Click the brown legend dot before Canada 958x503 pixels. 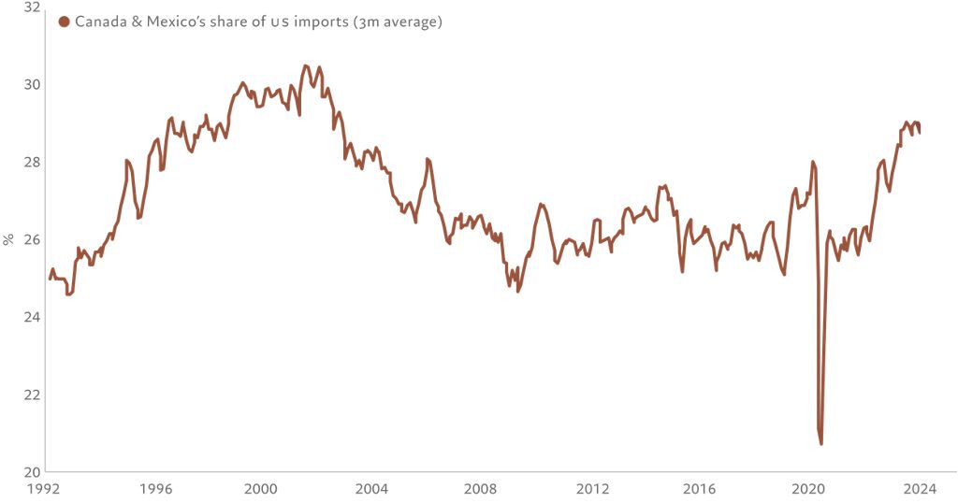tap(64, 22)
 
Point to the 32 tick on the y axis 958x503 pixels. tap(31, 7)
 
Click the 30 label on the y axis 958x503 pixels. tap(31, 84)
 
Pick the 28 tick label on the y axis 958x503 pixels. tap(31, 162)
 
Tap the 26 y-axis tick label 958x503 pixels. tap(31, 239)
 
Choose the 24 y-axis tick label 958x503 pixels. tap(31, 317)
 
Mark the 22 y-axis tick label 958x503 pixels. tap(31, 395)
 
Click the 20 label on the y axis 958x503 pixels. tap(31, 471)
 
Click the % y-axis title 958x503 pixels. tap(8, 239)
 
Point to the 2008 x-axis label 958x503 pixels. tap(481, 488)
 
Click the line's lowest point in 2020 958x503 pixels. tap(821, 443)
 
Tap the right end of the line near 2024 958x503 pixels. tap(920, 133)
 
